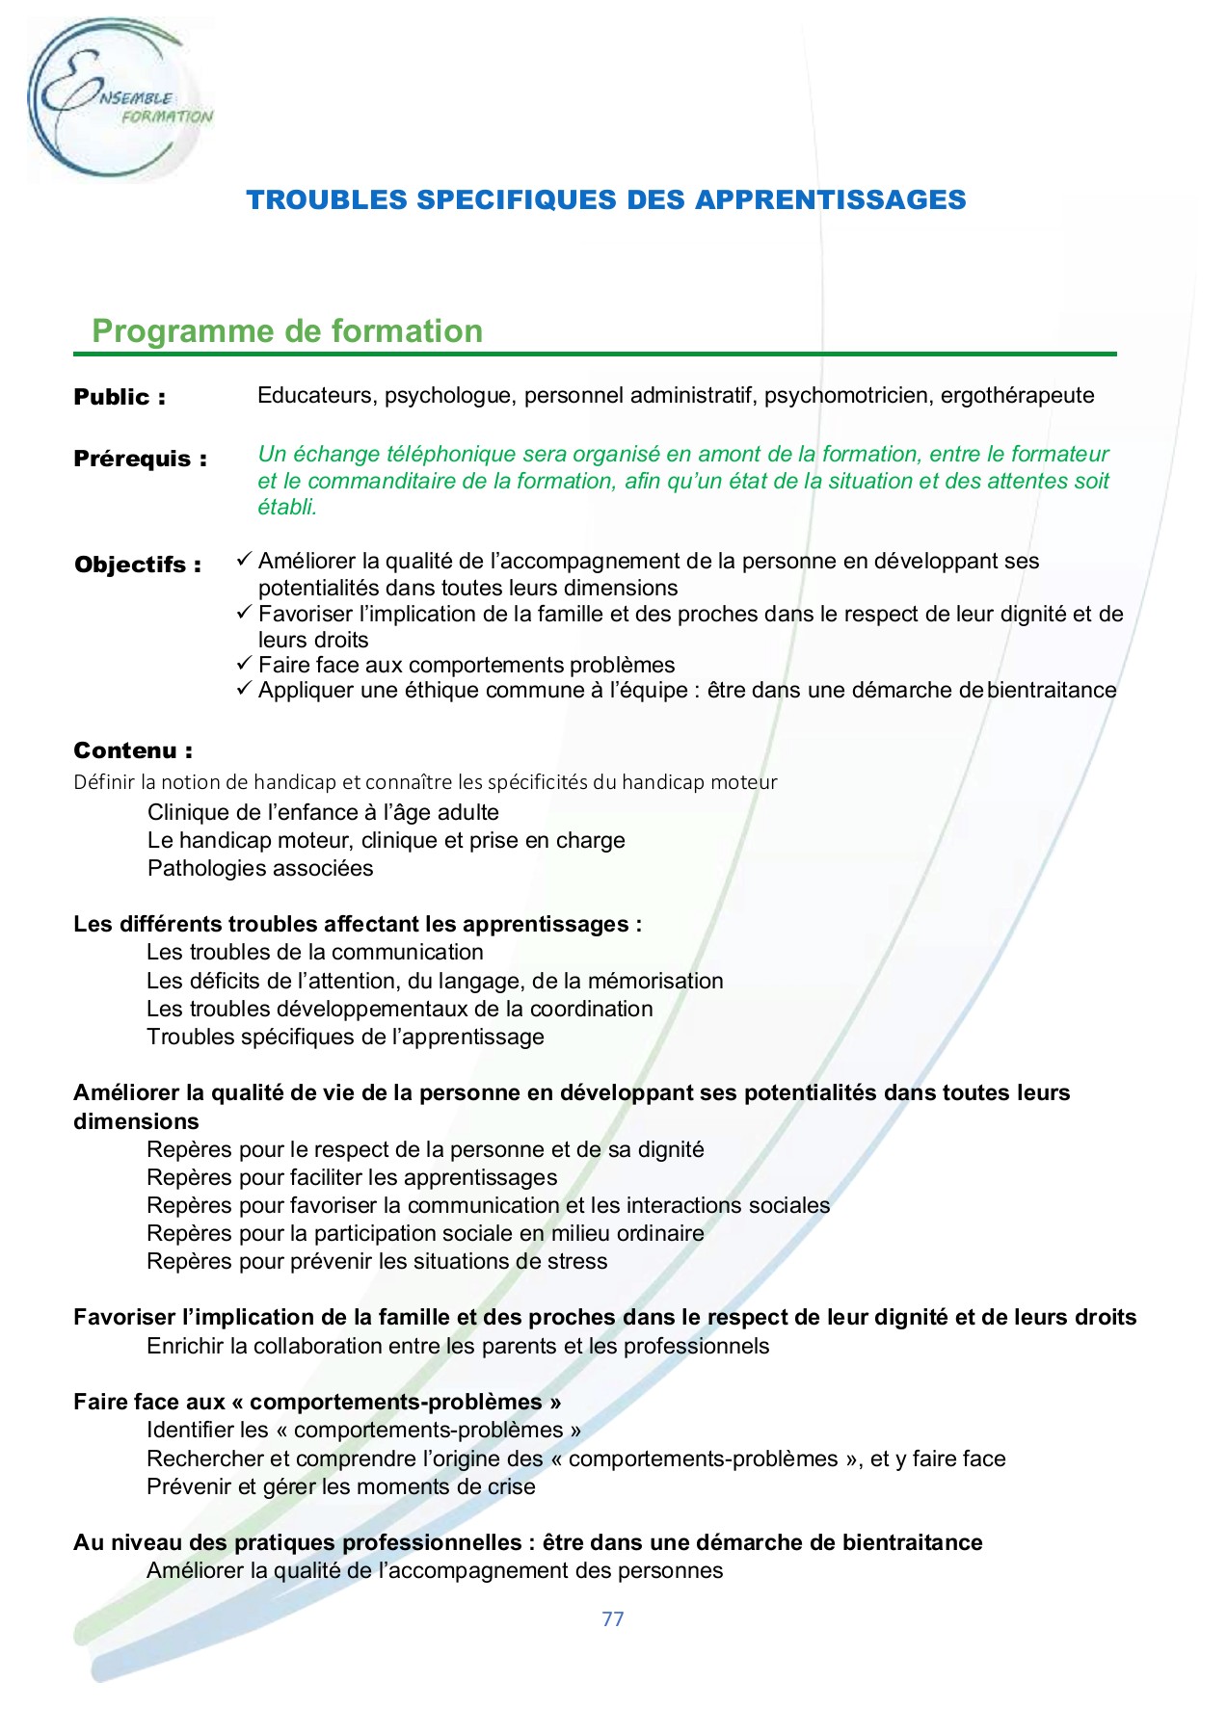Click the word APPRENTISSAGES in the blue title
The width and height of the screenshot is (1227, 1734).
point(830,199)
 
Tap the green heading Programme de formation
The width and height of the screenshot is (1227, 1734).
point(287,331)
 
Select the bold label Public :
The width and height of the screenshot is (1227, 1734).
point(120,397)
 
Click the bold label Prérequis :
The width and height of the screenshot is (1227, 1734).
point(140,459)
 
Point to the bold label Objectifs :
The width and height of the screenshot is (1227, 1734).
point(138,565)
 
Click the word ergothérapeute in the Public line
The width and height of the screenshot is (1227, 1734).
point(1017,395)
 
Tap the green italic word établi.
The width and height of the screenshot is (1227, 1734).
point(286,507)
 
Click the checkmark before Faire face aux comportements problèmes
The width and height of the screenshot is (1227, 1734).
point(244,664)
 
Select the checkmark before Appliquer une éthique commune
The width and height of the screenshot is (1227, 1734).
point(244,689)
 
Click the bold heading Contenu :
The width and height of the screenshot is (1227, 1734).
point(133,750)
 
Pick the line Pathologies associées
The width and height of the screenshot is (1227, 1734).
point(260,868)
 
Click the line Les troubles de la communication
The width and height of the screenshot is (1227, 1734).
point(315,952)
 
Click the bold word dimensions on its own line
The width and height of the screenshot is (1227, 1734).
point(136,1121)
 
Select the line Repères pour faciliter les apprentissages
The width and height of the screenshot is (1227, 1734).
point(352,1177)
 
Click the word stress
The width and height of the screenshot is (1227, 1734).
point(576,1261)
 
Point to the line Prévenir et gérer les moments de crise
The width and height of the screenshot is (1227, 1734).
point(341,1486)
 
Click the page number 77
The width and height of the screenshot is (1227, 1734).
point(613,1618)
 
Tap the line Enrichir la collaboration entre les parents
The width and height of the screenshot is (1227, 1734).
point(458,1346)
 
